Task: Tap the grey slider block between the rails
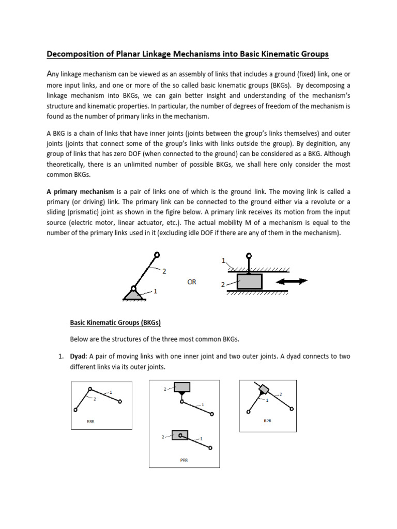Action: click(249, 282)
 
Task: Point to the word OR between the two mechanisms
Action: click(191, 282)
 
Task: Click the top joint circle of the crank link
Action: click(157, 254)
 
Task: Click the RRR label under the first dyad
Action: click(90, 422)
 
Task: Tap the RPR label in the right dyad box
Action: click(267, 421)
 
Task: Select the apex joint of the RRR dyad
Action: click(90, 389)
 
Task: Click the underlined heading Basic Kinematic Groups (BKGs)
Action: click(115, 323)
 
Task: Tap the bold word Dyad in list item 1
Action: click(78, 357)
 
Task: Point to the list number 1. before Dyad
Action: click(60, 357)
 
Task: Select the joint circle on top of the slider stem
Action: click(249, 255)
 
